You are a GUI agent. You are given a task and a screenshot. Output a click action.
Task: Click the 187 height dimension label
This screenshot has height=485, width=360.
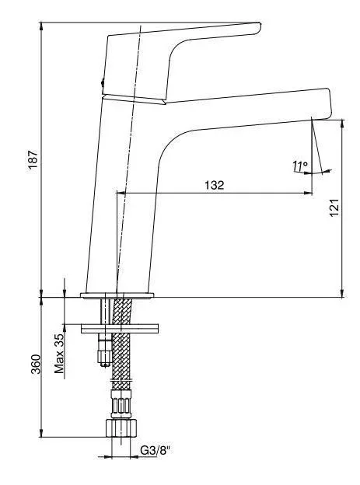33,159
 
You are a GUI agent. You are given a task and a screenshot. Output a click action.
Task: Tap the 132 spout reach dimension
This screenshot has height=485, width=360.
214,185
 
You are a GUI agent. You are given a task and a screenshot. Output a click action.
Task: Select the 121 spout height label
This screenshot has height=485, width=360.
334,208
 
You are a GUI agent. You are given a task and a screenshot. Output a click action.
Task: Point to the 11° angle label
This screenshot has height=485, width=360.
300,166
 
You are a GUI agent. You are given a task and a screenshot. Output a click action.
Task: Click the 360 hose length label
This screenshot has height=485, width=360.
36,364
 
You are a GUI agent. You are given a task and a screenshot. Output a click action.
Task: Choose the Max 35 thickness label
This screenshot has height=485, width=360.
59,353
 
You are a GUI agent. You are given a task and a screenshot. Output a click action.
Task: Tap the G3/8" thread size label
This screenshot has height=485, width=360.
156,450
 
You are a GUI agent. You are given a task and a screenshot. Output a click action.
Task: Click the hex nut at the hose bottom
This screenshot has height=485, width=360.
121,428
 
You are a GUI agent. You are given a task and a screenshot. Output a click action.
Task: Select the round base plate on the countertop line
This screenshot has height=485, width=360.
117,295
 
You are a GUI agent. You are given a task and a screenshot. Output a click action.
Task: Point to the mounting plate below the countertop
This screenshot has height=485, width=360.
120,329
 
